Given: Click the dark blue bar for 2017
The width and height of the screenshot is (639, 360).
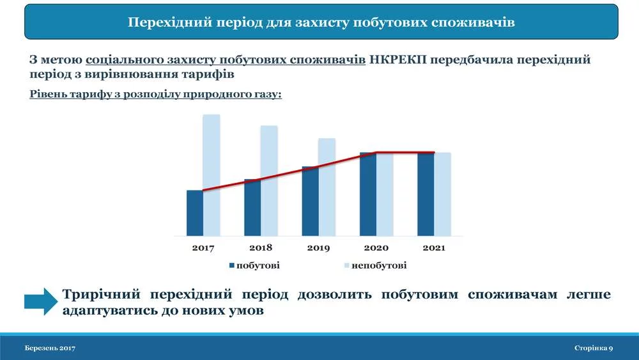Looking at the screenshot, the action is (x=195, y=213).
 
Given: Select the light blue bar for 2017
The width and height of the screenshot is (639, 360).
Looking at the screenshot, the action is (x=212, y=175).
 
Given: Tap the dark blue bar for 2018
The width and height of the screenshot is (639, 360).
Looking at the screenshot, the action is (x=252, y=208).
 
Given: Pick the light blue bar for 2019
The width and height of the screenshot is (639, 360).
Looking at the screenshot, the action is (x=327, y=187).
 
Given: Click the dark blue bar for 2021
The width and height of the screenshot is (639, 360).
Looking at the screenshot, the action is (x=426, y=194).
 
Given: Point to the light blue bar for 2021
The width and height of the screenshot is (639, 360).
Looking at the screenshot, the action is (x=443, y=194).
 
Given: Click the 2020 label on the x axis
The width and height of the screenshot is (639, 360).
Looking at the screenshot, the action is (x=376, y=247).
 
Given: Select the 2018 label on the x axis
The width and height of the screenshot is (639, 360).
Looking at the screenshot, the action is (x=261, y=247).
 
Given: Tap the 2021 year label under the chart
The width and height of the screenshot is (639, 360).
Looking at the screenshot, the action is (x=434, y=247).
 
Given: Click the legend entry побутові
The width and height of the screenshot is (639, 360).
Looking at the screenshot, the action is (x=254, y=265).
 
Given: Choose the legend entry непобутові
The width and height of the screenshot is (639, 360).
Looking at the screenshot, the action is (x=375, y=265).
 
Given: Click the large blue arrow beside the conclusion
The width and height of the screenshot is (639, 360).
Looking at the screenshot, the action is (x=41, y=301).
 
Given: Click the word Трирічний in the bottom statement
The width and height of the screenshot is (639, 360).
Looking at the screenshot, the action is (x=101, y=294).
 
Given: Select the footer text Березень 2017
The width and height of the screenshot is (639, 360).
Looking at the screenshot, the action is (x=50, y=348).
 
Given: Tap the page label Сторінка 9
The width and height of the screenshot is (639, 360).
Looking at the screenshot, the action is (x=594, y=348).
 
